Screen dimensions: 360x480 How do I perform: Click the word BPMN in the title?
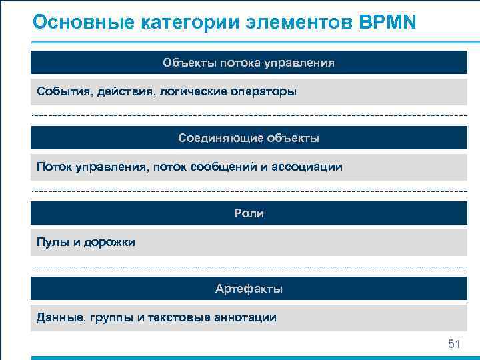tap(387, 22)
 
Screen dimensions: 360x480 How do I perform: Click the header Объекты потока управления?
tap(249, 63)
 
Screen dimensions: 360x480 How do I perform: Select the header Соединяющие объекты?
tap(249, 138)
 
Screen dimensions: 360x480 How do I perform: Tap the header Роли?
tap(249, 213)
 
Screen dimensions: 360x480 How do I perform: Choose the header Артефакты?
tap(249, 289)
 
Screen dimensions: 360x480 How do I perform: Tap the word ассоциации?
tap(310, 167)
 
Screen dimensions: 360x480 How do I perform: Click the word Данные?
tap(60, 317)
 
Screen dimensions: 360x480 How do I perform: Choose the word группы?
tap(111, 317)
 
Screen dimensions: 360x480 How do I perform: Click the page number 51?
tap(454, 344)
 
